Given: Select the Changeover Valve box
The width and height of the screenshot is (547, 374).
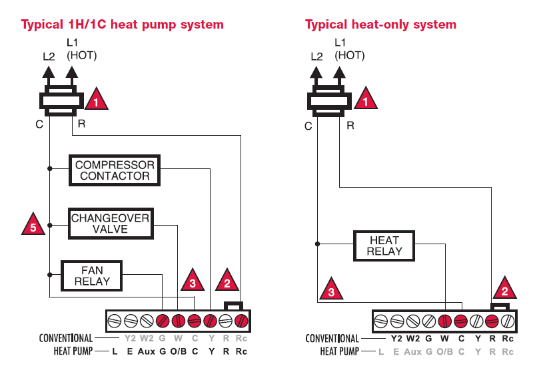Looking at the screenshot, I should [x=110, y=224].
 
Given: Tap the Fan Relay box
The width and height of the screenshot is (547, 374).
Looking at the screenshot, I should [x=92, y=276].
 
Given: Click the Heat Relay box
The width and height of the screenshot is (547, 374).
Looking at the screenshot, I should [x=384, y=246].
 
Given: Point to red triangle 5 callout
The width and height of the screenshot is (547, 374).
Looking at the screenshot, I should [x=33, y=224].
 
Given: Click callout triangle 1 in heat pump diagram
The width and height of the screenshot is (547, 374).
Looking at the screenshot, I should [x=96, y=100].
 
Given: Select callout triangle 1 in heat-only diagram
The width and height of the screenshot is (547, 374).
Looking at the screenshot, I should [x=364, y=100].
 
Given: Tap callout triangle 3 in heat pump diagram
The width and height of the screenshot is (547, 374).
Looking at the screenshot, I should [x=193, y=281].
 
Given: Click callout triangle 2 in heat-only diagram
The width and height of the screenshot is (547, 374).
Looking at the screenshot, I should [x=504, y=289].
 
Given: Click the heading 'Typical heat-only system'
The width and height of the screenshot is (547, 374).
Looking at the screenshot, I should [x=380, y=25].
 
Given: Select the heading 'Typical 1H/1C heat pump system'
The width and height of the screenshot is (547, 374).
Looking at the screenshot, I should [x=123, y=25].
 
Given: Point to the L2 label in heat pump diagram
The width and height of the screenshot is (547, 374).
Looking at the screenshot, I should [x=49, y=57].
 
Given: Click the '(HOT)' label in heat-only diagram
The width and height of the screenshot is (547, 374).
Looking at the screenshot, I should [x=350, y=56].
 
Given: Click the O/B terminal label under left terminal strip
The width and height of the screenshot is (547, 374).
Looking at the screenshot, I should [x=178, y=351].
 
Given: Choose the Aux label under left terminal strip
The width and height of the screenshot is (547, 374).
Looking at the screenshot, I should [x=147, y=351].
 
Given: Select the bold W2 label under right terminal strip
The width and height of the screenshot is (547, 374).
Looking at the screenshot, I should [x=414, y=338].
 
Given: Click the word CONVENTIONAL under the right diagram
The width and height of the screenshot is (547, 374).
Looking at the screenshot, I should [x=332, y=338].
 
